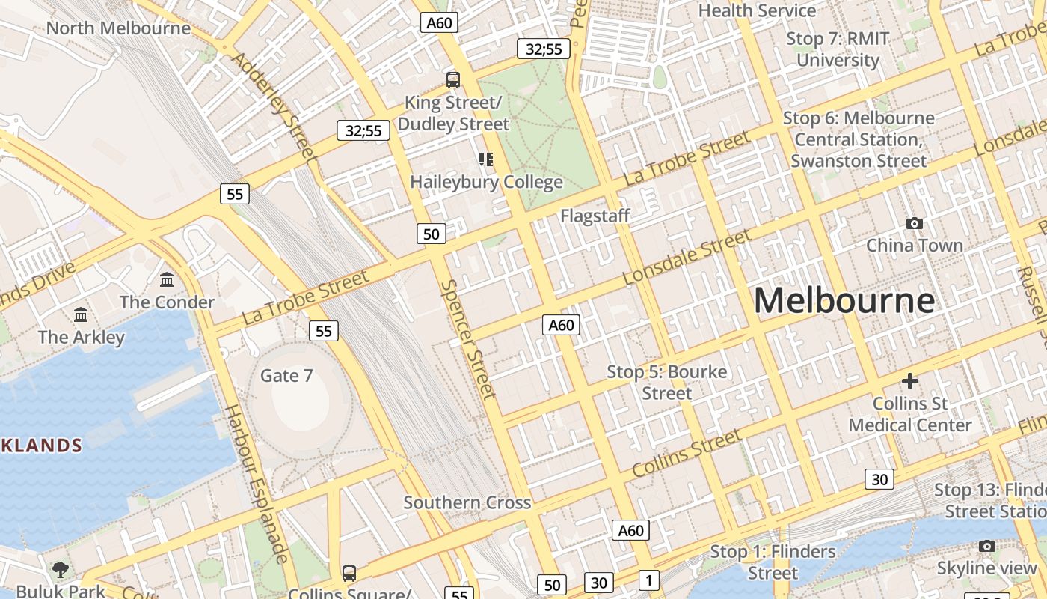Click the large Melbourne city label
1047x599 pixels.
pyautogui.click(x=844, y=301)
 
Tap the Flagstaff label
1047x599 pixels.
pyautogui.click(x=595, y=216)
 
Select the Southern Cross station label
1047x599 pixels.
pyautogui.click(x=467, y=502)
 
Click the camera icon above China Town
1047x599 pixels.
pyautogui.click(x=914, y=223)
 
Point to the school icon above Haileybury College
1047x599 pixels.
pyautogui.click(x=486, y=159)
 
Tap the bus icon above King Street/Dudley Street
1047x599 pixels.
pyautogui.click(x=453, y=79)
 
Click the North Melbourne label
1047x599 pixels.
pyautogui.click(x=118, y=28)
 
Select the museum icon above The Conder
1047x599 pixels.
pyautogui.click(x=167, y=280)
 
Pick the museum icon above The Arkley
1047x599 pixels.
pyautogui.click(x=81, y=314)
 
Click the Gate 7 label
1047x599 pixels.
pyautogui.click(x=286, y=375)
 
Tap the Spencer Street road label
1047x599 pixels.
pyautogui.click(x=468, y=338)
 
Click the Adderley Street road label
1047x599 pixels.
pyautogui.click(x=274, y=107)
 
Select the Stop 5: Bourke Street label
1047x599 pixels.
pyautogui.click(x=666, y=382)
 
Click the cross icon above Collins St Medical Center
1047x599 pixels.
pyautogui.click(x=909, y=381)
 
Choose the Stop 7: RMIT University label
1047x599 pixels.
pyautogui.click(x=838, y=49)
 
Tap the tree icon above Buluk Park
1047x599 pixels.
pyautogui.click(x=60, y=569)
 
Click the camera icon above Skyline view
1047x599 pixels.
pyautogui.click(x=987, y=546)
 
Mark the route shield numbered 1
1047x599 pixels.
pyautogui.click(x=649, y=580)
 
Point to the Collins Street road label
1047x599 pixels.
pyautogui.click(x=687, y=453)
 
